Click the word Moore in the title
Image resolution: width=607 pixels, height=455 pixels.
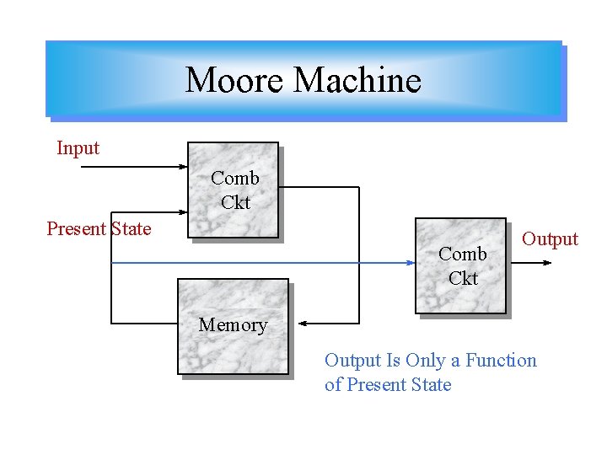235,80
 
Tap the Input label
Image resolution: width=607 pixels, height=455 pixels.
78,148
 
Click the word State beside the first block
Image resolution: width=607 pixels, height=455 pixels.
131,228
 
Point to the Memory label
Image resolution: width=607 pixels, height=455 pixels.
233,324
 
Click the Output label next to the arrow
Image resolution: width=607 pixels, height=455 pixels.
550,238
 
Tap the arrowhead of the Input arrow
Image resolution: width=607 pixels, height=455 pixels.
182,167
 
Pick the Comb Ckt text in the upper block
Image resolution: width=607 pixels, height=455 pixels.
235,190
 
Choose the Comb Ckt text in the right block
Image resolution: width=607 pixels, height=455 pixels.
463,265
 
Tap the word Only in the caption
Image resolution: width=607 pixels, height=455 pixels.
425,361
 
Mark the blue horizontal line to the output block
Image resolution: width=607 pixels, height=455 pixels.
253,263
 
